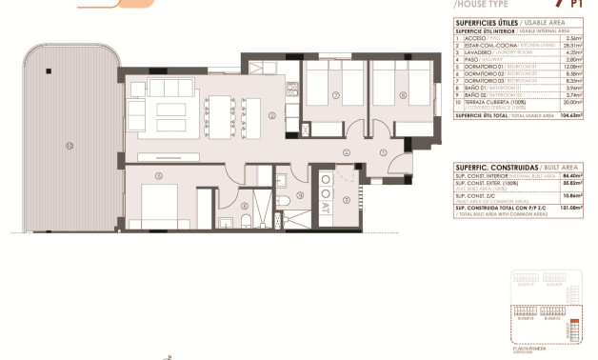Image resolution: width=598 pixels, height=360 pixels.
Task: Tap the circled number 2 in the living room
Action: point(271,116)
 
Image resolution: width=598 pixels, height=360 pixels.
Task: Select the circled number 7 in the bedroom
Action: point(335,95)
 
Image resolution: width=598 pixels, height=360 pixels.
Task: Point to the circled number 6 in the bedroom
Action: point(402,95)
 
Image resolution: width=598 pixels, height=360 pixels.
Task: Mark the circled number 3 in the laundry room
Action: point(346,199)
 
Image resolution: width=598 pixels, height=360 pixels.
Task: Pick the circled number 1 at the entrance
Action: point(382,152)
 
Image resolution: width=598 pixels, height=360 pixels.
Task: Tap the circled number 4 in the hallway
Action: point(347,152)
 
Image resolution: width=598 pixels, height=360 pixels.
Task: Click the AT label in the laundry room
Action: point(326,203)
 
